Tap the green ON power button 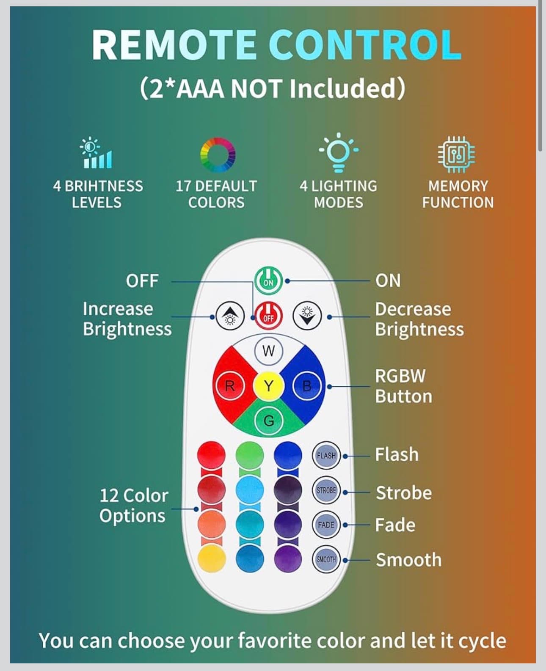point(268,280)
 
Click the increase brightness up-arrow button point(230,316)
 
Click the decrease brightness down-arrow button point(307,316)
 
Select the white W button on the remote point(268,351)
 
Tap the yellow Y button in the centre point(268,385)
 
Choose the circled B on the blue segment point(307,386)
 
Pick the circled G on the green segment point(268,421)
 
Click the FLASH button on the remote point(326,456)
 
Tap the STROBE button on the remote point(326,490)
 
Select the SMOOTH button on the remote point(326,559)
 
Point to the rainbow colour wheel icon point(218,155)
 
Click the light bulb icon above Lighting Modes point(338,152)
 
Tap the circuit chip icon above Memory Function point(457,154)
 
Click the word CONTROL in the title point(365,44)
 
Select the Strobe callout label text point(404,493)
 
